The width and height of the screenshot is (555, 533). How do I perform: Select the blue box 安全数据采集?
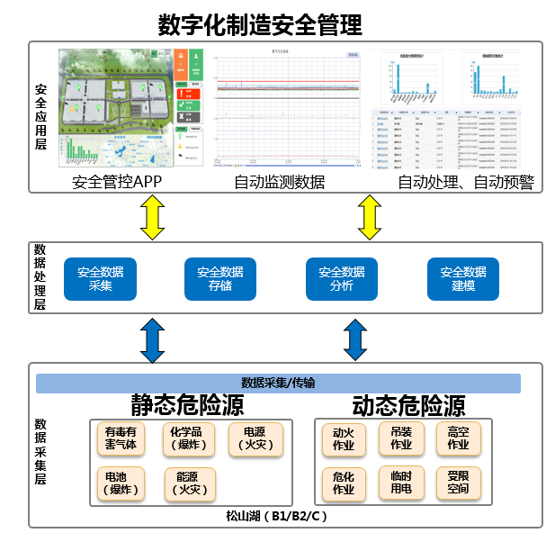click(100, 279)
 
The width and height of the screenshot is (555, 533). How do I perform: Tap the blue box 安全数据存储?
click(220, 279)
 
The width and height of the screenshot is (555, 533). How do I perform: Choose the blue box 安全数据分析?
click(342, 279)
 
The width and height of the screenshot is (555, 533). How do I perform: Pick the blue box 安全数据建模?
click(463, 279)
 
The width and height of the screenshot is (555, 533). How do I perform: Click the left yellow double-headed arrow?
click(150, 217)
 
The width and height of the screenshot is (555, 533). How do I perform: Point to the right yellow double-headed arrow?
click(369, 217)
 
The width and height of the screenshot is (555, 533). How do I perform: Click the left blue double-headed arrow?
click(150, 339)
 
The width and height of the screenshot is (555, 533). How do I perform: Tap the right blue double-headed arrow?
click(356, 339)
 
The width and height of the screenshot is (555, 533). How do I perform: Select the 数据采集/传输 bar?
click(278, 383)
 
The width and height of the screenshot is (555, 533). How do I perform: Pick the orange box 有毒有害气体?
click(121, 438)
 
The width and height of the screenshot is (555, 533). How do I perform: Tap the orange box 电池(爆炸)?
click(121, 483)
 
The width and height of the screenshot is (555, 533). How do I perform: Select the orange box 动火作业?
click(344, 438)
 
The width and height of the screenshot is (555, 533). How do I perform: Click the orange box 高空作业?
click(458, 438)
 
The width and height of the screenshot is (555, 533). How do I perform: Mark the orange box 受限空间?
click(458, 483)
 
